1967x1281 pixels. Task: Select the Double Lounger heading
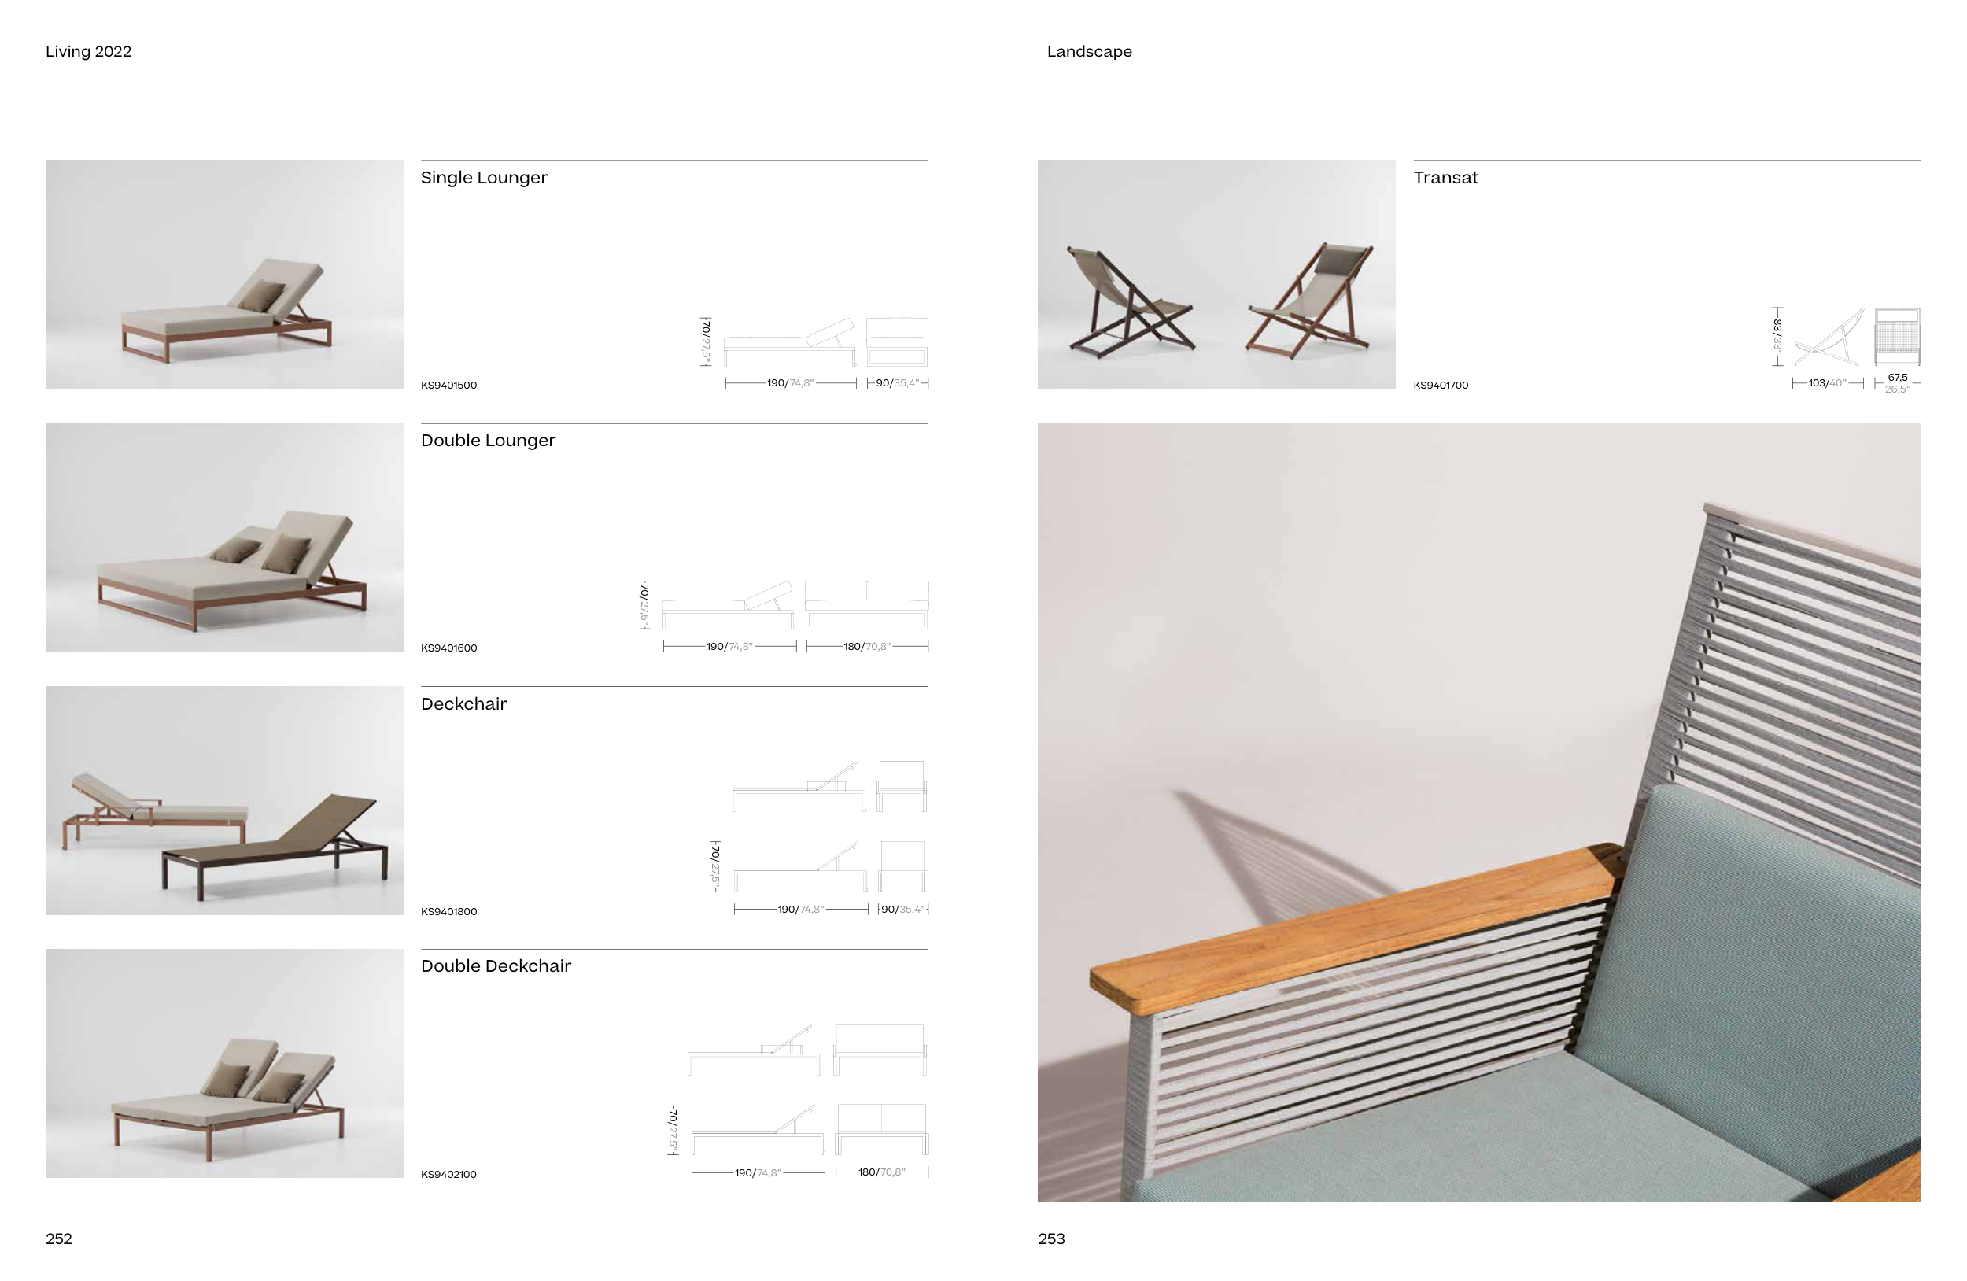click(x=488, y=441)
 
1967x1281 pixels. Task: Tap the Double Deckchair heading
click(x=496, y=966)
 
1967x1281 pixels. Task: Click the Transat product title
click(x=1445, y=178)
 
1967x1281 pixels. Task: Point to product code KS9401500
click(x=448, y=385)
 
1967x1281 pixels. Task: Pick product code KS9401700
click(x=1441, y=385)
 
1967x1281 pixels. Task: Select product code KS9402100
click(x=448, y=1175)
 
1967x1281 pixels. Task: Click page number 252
click(x=59, y=1239)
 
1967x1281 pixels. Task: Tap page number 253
click(x=1051, y=1239)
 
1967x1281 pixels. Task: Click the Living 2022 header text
click(x=88, y=51)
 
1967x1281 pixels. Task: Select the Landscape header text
click(x=1089, y=51)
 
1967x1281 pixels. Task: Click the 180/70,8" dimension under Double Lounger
click(x=867, y=646)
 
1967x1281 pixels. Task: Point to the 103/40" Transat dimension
click(x=1827, y=383)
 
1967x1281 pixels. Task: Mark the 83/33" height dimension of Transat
click(x=1777, y=336)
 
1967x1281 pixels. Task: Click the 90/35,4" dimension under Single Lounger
click(x=898, y=383)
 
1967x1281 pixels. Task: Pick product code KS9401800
click(x=448, y=912)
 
